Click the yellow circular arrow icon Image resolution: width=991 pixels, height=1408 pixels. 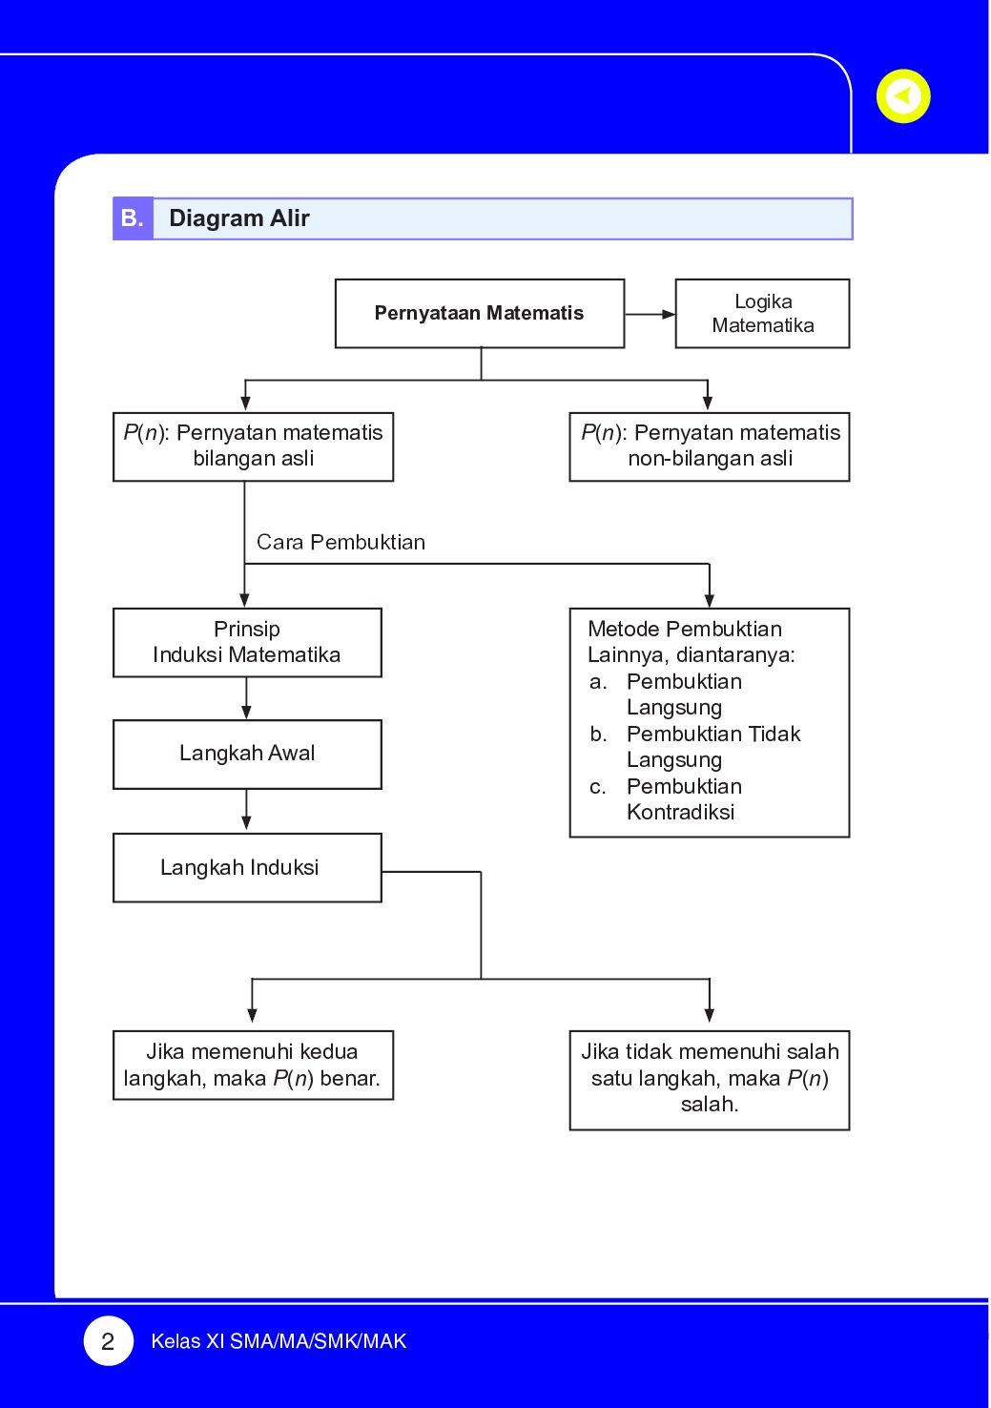coord(903,96)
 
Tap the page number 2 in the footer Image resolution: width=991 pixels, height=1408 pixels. coord(108,1340)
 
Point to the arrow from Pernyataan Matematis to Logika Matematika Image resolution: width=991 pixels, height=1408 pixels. coord(650,314)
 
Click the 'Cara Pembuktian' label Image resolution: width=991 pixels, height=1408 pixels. coord(341,542)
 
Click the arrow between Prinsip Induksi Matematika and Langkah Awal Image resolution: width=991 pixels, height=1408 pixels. coord(246,698)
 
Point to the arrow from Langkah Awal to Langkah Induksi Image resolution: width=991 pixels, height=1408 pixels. coord(246,811)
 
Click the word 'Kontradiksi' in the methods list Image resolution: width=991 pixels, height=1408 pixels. coord(681,812)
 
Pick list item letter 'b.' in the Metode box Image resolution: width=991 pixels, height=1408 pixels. coord(598,734)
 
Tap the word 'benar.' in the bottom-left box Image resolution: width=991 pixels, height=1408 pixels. coord(350,1078)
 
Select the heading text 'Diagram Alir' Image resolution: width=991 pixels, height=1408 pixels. coord(239,218)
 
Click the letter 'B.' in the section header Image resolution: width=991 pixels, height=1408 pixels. coord(132,217)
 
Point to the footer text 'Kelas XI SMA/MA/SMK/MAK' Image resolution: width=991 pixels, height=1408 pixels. coord(279,1341)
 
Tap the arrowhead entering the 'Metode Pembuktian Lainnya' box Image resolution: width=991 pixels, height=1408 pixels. coord(710,600)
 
